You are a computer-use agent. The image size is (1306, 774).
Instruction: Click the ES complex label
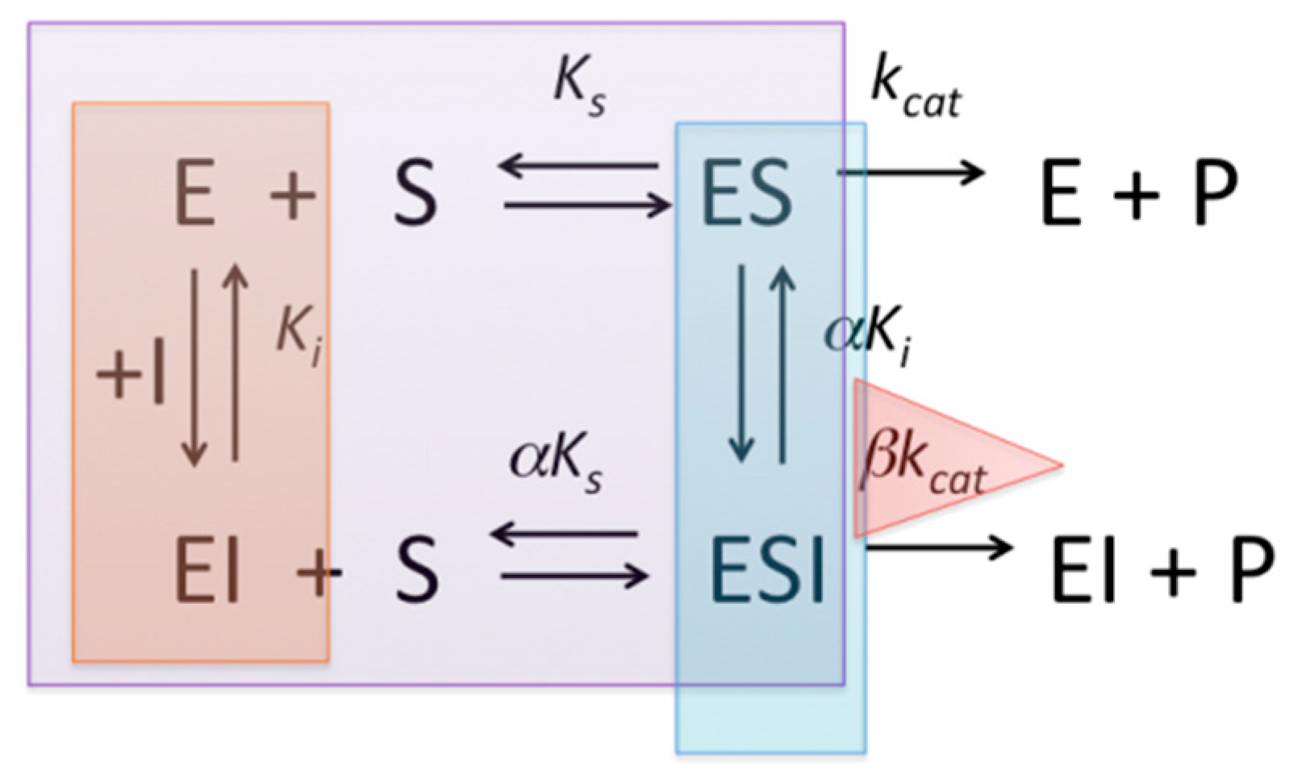coord(746,193)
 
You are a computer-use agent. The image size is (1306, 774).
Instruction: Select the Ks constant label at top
coord(579,88)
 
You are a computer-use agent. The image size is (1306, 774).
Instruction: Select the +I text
coord(131,376)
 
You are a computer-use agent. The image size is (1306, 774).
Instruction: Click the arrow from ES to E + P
coord(912,172)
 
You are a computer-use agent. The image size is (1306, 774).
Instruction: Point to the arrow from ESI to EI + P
coord(938,547)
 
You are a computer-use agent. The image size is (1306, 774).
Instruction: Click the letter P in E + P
coord(1214,193)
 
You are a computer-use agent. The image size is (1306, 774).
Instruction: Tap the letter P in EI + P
coord(1250,570)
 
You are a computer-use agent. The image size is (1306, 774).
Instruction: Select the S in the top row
coord(415,193)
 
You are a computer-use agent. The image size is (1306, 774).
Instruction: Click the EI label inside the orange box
coord(207,570)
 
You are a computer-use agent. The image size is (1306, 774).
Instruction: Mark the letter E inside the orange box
coord(195,193)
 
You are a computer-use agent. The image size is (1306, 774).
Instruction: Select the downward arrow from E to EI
coord(194,367)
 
